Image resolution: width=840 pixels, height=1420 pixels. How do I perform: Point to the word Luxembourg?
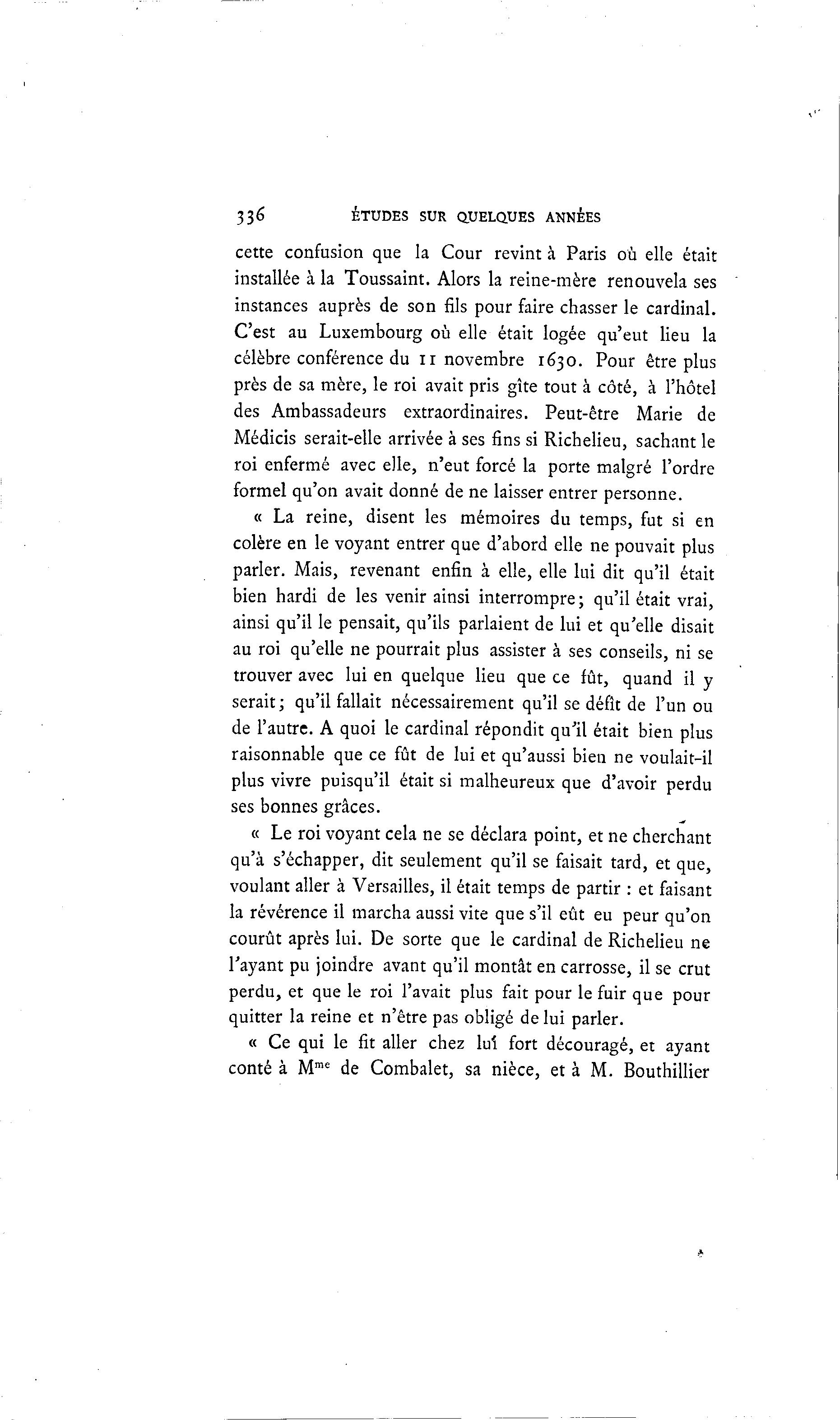pos(370,333)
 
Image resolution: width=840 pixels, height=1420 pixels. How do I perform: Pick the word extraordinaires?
pos(465,412)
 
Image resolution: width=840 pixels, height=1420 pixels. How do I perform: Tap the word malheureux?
pos(506,783)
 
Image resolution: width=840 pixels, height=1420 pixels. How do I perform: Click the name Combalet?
pos(412,1071)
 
